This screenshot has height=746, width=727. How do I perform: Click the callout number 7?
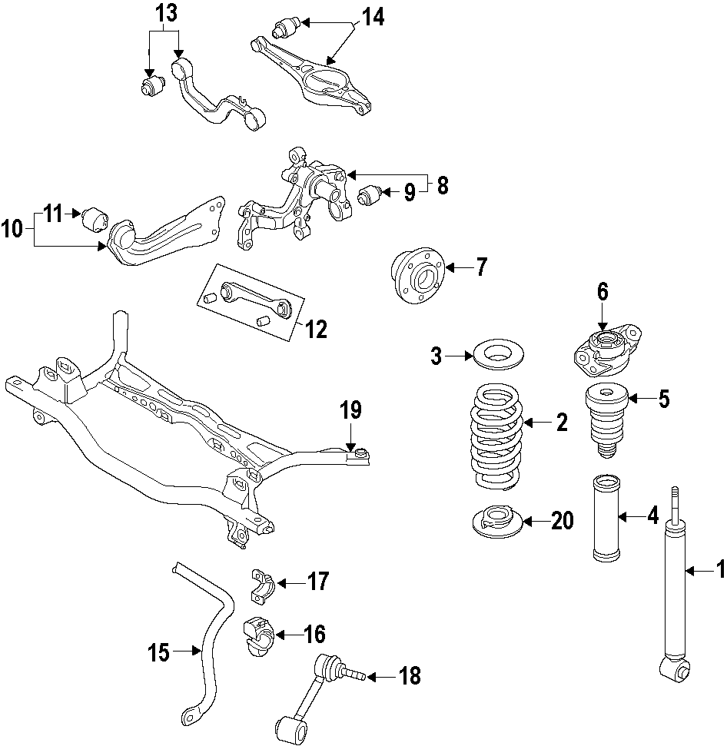[481, 267]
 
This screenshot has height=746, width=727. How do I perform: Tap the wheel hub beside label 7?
[416, 276]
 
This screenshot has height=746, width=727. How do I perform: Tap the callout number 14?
[373, 16]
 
